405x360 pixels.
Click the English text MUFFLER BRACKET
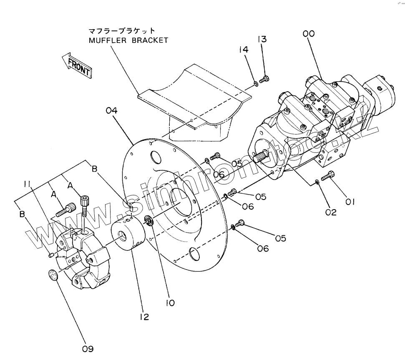[128, 40]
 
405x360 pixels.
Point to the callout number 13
[262, 39]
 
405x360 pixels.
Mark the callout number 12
[144, 317]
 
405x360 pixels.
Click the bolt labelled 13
[264, 78]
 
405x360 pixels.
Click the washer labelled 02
[318, 181]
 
